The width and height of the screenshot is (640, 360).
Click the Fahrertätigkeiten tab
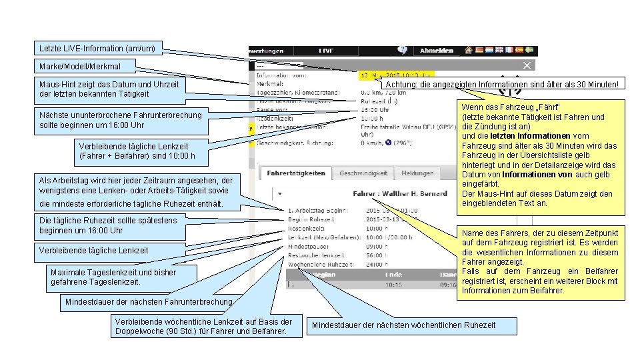click(x=296, y=173)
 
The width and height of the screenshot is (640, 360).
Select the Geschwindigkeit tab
click(x=363, y=173)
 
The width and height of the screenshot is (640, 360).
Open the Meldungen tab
click(x=417, y=173)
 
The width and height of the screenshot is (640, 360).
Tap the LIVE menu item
click(x=326, y=50)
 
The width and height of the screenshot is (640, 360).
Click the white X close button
click(x=527, y=65)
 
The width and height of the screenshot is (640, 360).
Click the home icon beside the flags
click(x=469, y=50)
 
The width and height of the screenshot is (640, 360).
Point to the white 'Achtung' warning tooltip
click(x=503, y=84)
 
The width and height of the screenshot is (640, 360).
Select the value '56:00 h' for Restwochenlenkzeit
click(x=377, y=255)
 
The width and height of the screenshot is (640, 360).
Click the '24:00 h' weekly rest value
click(x=377, y=264)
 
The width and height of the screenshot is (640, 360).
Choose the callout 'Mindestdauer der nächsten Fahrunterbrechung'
click(x=148, y=302)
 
